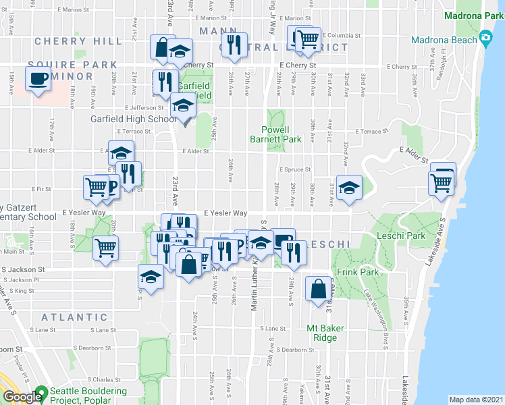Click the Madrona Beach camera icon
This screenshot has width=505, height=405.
click(x=485, y=39)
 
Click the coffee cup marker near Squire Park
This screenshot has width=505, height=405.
click(x=38, y=78)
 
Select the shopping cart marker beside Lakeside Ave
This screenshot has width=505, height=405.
click(x=441, y=181)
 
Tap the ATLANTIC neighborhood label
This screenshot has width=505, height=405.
click(x=74, y=317)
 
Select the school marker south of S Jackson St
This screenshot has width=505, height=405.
click(x=151, y=276)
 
